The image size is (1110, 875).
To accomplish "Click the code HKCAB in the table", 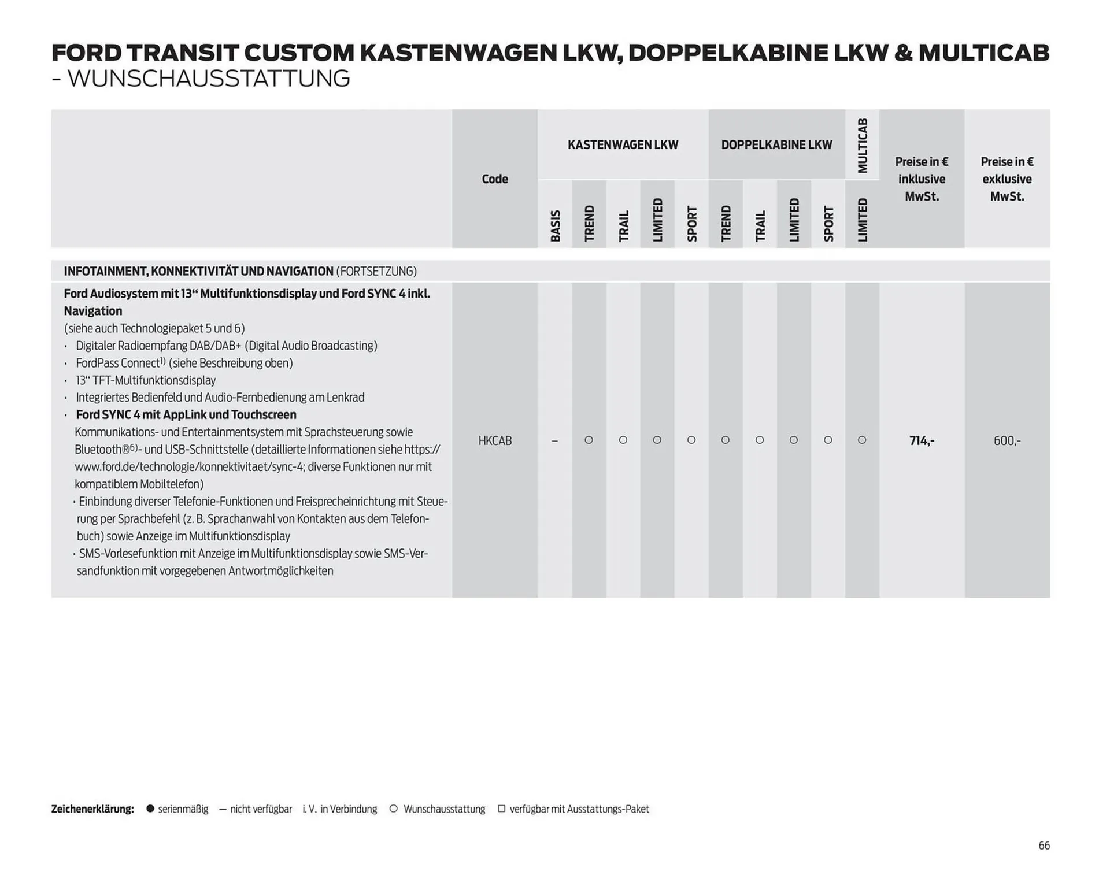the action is point(495,441).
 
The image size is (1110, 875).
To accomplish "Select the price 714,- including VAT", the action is point(922,441).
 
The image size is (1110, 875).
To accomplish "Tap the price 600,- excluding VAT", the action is point(1007,441).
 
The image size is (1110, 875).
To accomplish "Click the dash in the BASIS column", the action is point(554,441).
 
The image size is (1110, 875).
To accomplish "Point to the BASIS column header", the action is point(555,225).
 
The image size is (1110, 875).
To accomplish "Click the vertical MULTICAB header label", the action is point(863,146).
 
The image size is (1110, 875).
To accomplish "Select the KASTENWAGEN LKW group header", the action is point(623,144).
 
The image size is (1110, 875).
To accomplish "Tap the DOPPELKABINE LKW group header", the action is point(776,144).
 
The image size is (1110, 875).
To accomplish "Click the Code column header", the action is point(495,179).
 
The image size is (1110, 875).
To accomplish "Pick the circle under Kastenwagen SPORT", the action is point(691,440).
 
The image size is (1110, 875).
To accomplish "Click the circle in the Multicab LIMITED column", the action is point(862,440).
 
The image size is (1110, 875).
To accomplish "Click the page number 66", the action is point(1044,846).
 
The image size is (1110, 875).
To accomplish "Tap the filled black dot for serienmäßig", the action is point(150,809).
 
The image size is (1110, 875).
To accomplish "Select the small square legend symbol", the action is point(501,809).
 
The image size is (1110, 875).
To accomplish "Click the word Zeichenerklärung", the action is point(92,809).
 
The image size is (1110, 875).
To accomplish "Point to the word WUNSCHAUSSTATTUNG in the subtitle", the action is point(209,79).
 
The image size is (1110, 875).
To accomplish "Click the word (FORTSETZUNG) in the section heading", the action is point(376,271).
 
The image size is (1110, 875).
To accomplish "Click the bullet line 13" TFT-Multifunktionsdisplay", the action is point(146,380).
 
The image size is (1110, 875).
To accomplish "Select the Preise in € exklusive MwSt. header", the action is point(1007,179).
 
